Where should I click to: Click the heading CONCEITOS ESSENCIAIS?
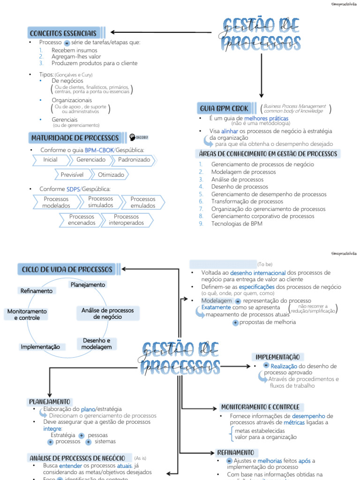click(63, 33)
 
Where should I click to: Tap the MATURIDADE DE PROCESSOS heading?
click(75, 138)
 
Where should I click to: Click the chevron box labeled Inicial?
click(50, 160)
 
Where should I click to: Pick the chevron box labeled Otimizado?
click(111, 175)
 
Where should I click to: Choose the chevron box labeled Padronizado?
click(134, 160)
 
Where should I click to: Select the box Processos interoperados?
click(126, 220)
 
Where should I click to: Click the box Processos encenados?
click(82, 220)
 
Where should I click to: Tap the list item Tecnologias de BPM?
click(237, 224)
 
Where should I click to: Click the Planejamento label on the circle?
click(88, 285)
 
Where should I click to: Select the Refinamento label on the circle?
click(37, 291)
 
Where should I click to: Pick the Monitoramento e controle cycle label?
click(27, 315)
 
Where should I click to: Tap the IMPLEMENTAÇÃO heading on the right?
click(277, 357)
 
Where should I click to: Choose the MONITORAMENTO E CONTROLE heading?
click(260, 407)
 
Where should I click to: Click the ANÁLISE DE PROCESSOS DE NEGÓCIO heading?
click(77, 458)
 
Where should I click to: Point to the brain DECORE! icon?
click(139, 137)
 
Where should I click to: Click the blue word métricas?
click(294, 423)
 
